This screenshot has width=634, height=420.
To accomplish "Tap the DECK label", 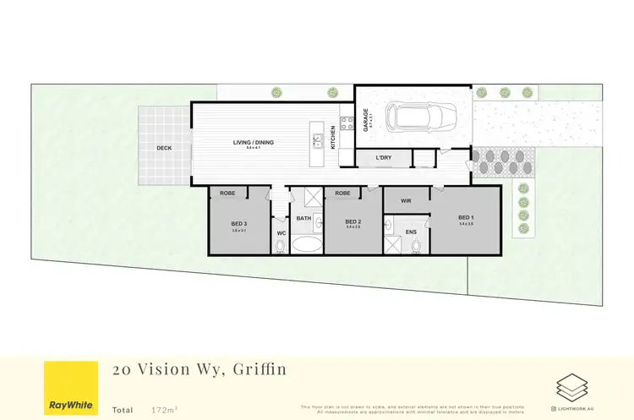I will click(x=164, y=148).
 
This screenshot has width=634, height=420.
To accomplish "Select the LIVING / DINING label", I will click(x=254, y=142).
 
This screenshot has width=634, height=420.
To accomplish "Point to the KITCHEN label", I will click(x=333, y=137).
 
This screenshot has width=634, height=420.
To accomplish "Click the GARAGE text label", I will click(x=366, y=119).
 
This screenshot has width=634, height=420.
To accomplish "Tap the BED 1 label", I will click(x=464, y=217).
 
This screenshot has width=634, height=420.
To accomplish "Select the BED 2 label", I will click(x=353, y=221).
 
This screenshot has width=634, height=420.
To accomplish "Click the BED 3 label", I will click(x=238, y=223).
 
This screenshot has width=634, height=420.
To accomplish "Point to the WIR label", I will click(x=406, y=201).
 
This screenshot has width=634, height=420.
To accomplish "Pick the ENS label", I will click(x=412, y=231).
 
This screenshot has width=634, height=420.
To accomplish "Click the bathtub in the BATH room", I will click(x=306, y=245).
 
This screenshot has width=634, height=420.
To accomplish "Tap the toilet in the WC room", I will click(x=281, y=247).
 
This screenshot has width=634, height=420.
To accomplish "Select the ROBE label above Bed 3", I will click(x=227, y=194).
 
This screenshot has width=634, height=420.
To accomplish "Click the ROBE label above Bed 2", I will click(x=342, y=194).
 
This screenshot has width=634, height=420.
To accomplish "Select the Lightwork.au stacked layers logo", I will click(x=572, y=387).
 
